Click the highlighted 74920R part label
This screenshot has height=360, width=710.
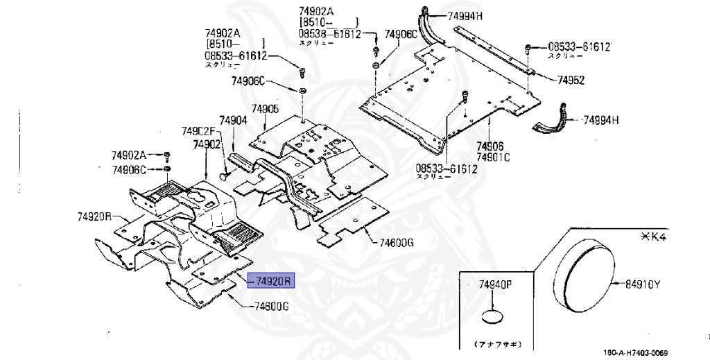[x=272, y=281]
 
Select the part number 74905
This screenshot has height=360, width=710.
[x=265, y=109]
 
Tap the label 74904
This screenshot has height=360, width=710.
[x=234, y=120]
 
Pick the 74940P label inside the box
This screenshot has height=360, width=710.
[x=494, y=285]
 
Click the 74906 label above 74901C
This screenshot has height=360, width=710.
[x=490, y=146]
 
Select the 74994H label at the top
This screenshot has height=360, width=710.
[x=470, y=16]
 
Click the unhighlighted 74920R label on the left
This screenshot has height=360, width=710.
[x=94, y=216]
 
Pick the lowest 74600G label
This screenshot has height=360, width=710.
[x=270, y=307]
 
